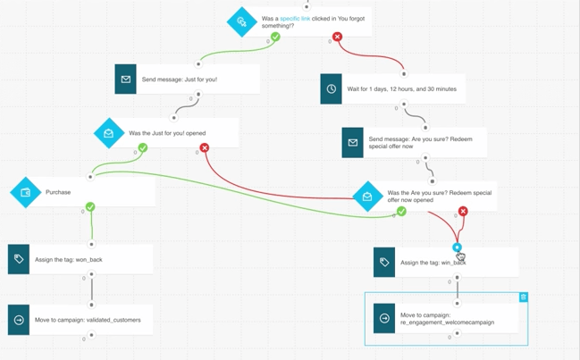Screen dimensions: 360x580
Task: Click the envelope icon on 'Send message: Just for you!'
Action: (126, 80)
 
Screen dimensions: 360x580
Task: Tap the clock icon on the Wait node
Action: (332, 88)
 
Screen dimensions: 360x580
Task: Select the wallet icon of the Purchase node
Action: (26, 192)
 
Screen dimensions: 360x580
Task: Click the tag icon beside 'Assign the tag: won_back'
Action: (19, 259)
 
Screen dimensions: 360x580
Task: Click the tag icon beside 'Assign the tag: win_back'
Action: (384, 263)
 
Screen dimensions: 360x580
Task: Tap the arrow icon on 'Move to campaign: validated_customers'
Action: (19, 319)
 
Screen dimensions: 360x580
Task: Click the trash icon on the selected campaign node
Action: (524, 297)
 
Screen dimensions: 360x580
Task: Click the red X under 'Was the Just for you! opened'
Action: (205, 147)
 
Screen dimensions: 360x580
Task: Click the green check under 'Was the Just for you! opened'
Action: (143, 147)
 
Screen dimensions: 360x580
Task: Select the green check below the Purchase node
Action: (90, 206)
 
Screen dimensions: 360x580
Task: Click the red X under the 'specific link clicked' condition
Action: (337, 37)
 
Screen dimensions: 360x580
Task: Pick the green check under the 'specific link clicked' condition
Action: (276, 37)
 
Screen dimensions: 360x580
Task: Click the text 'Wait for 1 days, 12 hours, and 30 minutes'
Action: (401, 89)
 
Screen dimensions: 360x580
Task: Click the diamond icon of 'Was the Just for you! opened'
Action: (109, 133)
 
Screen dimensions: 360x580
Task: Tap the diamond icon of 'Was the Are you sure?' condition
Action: (367, 197)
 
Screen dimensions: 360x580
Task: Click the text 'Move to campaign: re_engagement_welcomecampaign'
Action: (447, 318)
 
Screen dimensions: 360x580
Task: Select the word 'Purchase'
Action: (58, 192)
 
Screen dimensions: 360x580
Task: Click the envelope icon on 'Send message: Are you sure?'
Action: (353, 142)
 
